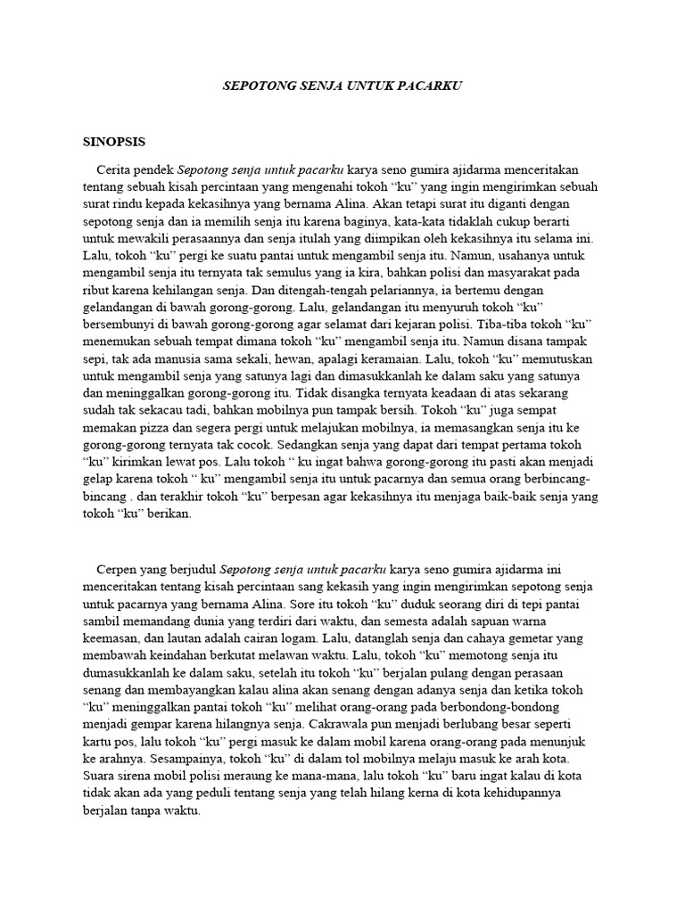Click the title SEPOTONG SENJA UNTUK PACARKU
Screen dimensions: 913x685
(x=342, y=86)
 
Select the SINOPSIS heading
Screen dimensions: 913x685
(x=113, y=141)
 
